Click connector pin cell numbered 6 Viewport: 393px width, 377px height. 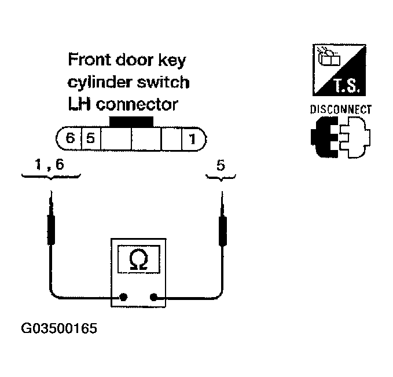click(x=70, y=139)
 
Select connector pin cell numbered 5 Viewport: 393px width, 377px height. click(x=90, y=139)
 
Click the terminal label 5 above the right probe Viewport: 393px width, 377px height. click(x=220, y=166)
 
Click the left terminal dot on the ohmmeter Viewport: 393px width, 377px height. click(x=123, y=298)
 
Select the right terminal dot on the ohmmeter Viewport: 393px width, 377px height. click(x=153, y=298)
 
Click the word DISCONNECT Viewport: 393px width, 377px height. click(x=340, y=109)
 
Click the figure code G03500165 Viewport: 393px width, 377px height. click(x=59, y=329)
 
